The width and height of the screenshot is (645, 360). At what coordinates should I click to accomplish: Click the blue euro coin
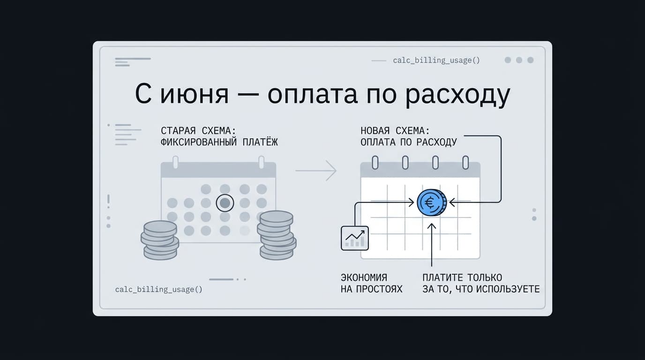coord(432,202)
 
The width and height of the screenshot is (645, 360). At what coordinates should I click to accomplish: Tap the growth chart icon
coord(355,238)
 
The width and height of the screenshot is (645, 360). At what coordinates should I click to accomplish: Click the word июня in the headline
coord(195,95)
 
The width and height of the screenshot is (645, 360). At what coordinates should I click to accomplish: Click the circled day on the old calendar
coord(225,203)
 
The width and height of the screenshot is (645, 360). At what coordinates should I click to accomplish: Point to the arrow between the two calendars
coord(316,171)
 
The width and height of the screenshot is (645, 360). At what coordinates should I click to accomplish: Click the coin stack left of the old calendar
coord(160,240)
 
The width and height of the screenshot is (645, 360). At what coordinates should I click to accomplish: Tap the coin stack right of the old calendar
coord(277,236)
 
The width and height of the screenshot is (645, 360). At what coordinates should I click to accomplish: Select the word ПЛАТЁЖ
coord(260,142)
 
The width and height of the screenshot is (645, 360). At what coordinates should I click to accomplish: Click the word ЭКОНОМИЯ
coord(364,277)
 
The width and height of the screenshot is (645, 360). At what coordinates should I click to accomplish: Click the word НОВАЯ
coord(375,131)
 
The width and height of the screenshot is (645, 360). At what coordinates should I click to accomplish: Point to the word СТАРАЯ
coord(178,131)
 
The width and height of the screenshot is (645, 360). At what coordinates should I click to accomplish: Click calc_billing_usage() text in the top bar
coord(436,60)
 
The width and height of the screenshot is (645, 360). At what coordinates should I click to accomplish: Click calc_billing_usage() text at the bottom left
coord(158,289)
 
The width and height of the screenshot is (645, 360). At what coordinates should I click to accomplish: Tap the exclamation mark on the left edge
coord(108,201)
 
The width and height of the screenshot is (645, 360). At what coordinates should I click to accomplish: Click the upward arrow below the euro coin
coord(432,245)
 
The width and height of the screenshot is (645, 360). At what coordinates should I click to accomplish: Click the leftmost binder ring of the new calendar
coord(375,163)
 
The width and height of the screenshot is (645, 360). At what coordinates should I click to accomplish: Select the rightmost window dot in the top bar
coord(531,60)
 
